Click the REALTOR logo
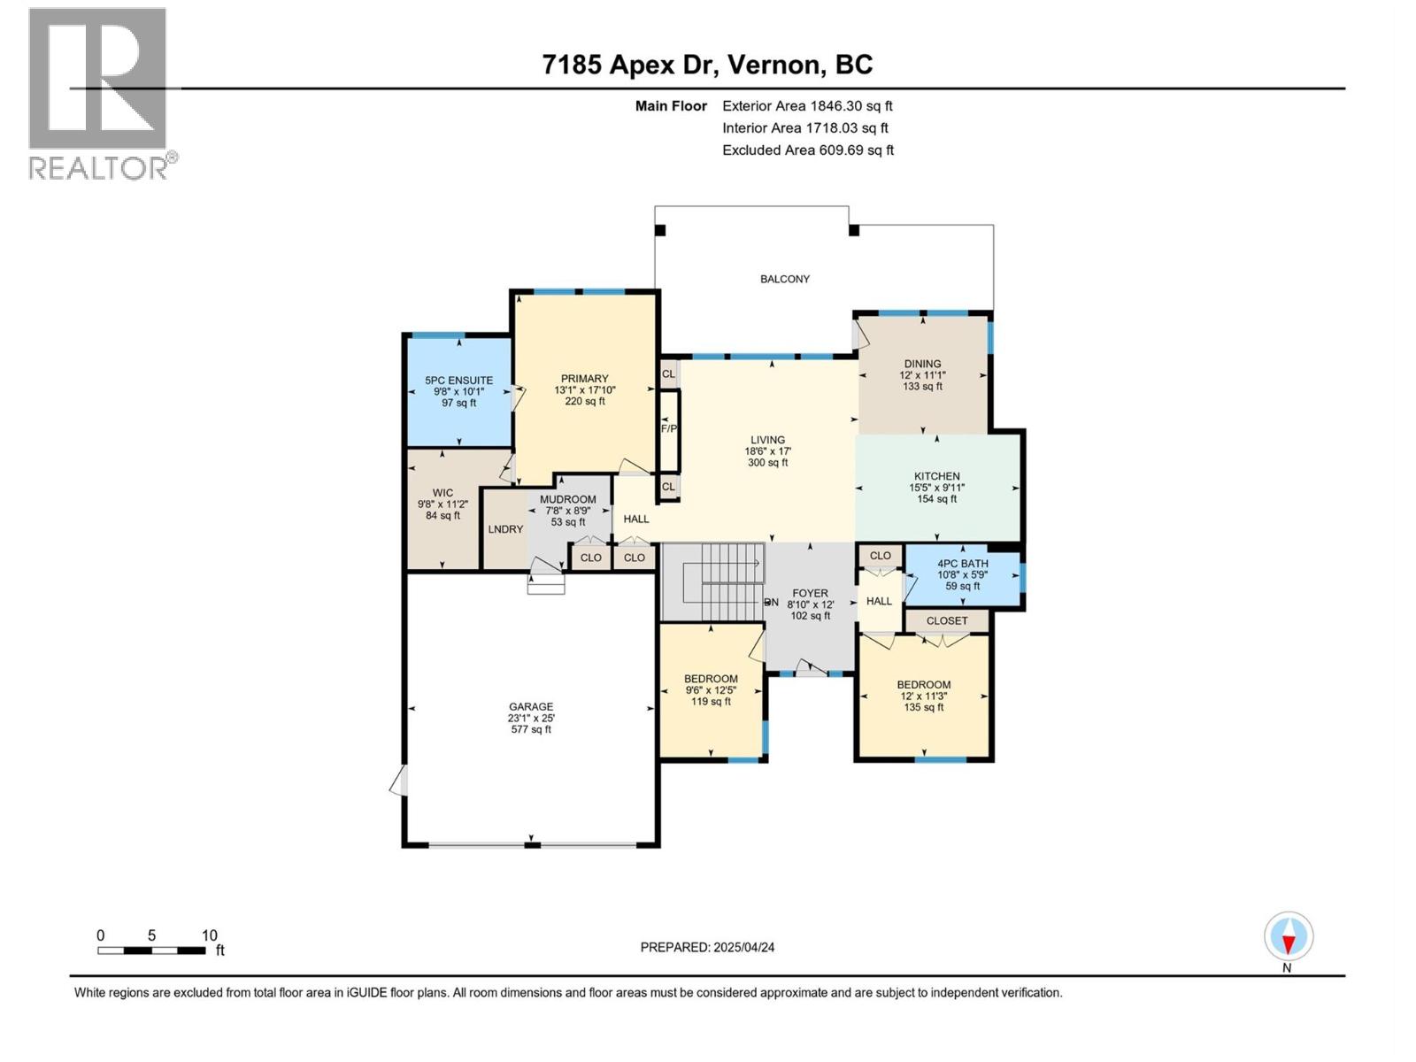102,94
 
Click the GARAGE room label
531,707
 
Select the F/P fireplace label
669,428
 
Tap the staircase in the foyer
712,581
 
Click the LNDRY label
505,528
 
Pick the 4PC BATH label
963,564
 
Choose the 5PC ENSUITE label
458,381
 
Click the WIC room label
442,493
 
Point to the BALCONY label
784,279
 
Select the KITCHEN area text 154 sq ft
936,499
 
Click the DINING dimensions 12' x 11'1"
922,375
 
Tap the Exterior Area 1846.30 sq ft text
808,106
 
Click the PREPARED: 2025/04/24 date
708,947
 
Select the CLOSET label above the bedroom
947,621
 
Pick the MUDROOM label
567,500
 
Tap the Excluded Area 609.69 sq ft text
808,150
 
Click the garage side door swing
399,781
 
